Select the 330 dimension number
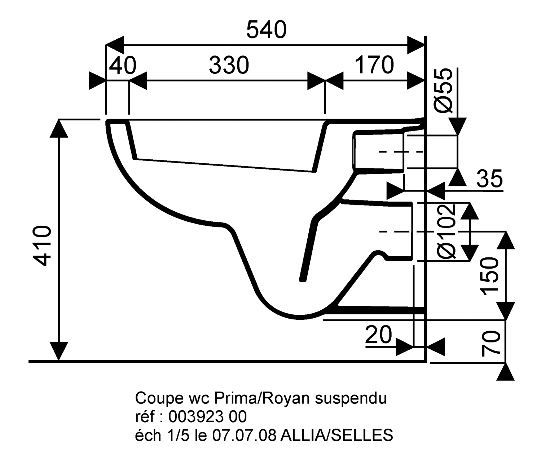pyautogui.click(x=229, y=65)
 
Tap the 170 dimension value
pyautogui.click(x=374, y=65)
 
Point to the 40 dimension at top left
pyautogui.click(x=123, y=66)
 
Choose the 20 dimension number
pyautogui.click(x=378, y=335)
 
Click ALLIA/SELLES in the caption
pyautogui.click(x=337, y=435)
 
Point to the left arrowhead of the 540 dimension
pyautogui.click(x=115, y=45)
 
